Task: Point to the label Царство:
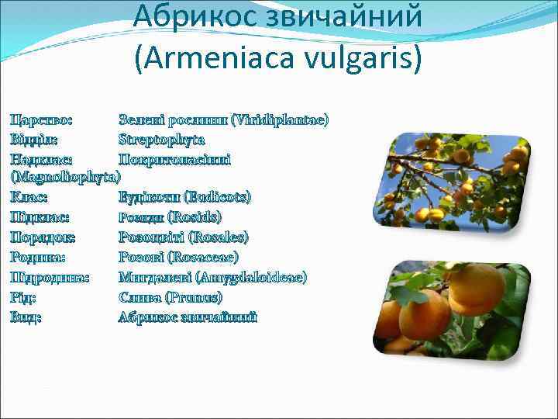41,120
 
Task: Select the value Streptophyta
161,140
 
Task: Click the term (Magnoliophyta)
64,178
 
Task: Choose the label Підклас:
40,217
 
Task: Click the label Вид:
26,317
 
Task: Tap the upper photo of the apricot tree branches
457,182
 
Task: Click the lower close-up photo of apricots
457,307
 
